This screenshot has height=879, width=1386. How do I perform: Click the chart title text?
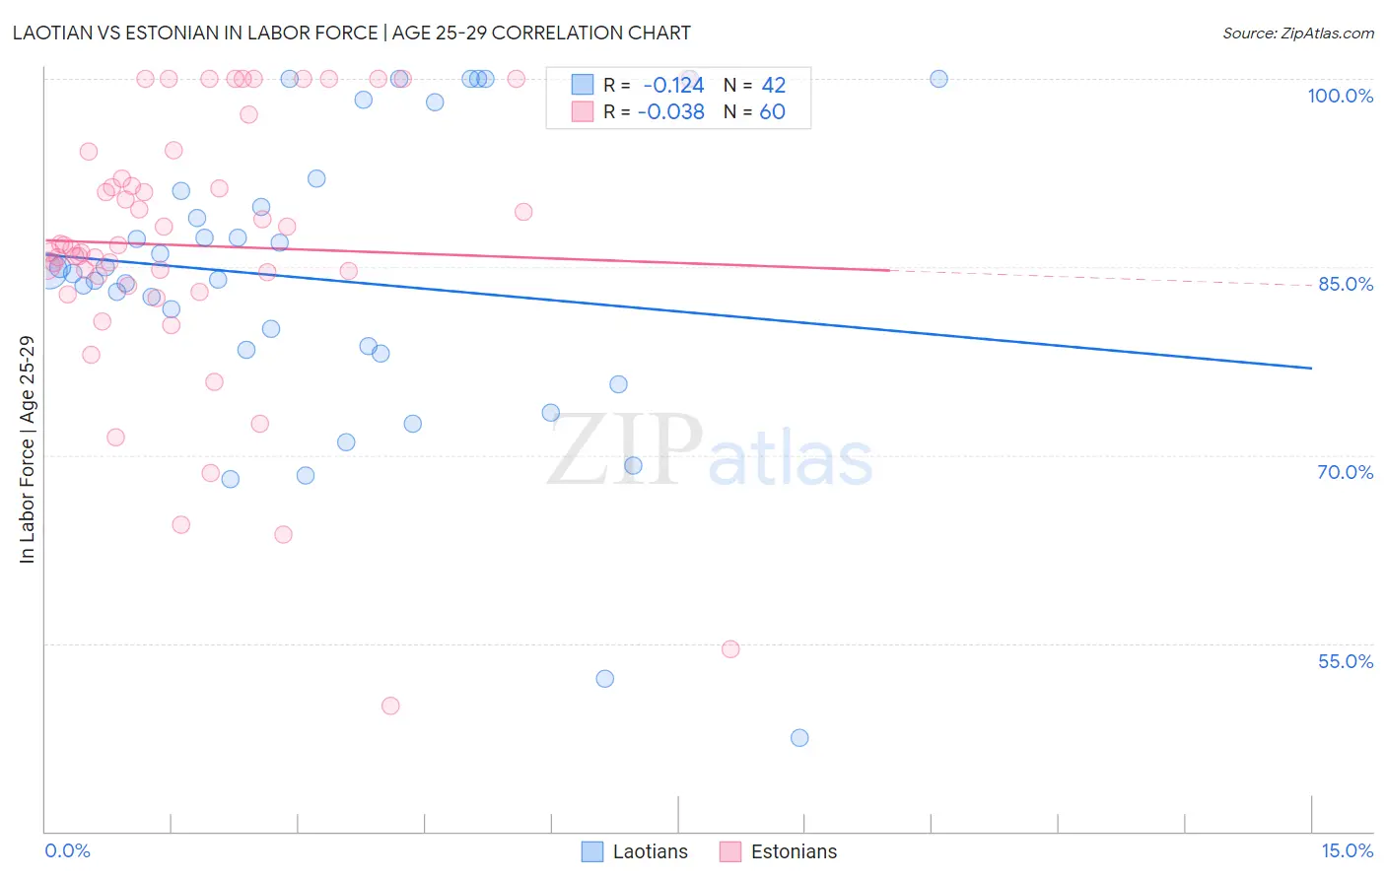coord(352,33)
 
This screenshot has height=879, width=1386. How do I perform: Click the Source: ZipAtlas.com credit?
coord(1297,34)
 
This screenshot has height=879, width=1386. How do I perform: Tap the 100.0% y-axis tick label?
coord(1340,96)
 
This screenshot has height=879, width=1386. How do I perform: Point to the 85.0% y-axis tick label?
coord(1346,284)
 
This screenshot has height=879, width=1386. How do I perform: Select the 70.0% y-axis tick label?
coord(1345,472)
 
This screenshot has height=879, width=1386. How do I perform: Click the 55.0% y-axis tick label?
coord(1345,661)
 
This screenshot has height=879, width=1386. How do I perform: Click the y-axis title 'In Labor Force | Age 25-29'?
coord(28,449)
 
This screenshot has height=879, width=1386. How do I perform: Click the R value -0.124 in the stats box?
coord(673,86)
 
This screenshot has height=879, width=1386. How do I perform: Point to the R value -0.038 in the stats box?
coord(670,112)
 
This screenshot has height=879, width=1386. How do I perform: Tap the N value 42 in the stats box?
coord(773,86)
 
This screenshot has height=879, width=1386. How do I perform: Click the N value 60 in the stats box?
coord(772,112)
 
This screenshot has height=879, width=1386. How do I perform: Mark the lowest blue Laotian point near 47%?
coord(799,738)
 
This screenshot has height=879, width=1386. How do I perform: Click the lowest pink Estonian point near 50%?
coord(390,706)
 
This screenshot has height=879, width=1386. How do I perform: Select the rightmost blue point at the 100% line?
coord(938,79)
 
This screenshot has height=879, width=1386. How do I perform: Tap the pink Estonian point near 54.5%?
coord(730,649)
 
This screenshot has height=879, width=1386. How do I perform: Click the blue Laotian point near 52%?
coord(605,679)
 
